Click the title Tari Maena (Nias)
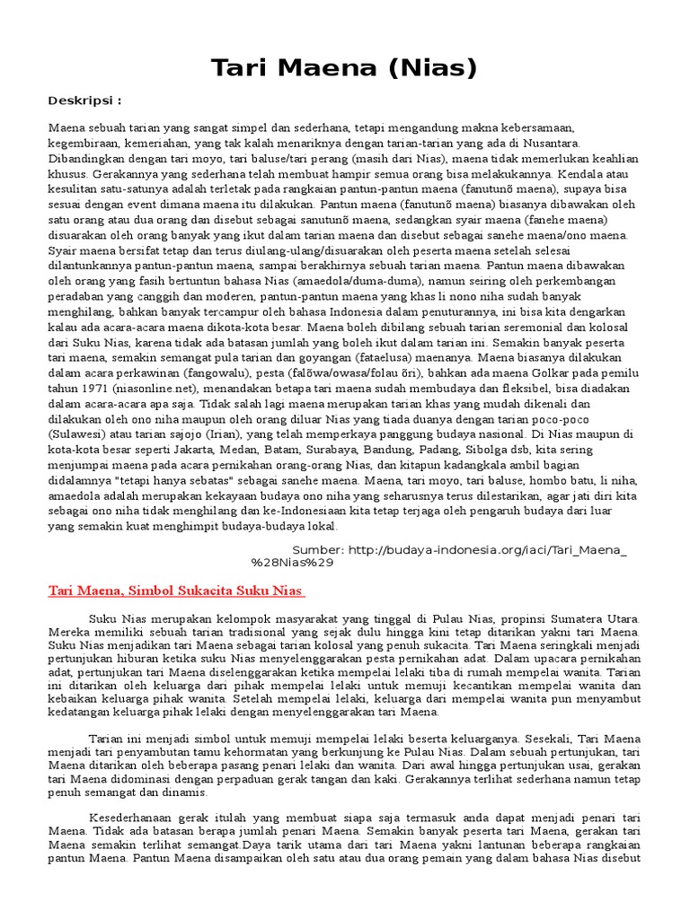pyautogui.click(x=344, y=68)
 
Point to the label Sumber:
pyautogui.click(x=318, y=548)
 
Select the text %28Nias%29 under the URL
pyautogui.click(x=293, y=563)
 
